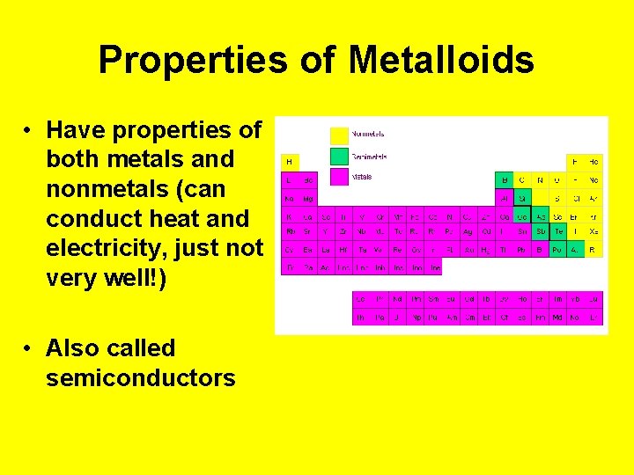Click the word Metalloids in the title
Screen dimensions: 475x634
[x=441, y=61]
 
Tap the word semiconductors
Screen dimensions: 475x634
[x=141, y=378]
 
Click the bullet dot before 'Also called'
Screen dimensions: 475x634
[x=29, y=348]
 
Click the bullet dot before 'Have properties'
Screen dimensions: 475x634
[x=29, y=131]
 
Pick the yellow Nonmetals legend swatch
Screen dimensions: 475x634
[x=339, y=135]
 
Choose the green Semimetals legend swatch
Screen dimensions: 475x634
[x=339, y=156]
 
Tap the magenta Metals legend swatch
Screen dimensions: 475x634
[x=339, y=176]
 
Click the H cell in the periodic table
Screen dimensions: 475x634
[x=289, y=162]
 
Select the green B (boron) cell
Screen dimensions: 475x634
[x=505, y=179]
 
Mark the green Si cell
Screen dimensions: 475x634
[x=522, y=198]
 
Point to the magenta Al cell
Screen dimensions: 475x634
[x=505, y=198]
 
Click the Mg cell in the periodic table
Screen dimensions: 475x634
[x=307, y=198]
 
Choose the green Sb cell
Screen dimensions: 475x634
[x=540, y=232]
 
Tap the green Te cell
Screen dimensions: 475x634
[x=557, y=232]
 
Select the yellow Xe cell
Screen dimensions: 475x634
[x=593, y=232]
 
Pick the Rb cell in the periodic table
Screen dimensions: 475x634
[x=289, y=232]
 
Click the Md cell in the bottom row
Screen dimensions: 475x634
[x=557, y=317]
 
